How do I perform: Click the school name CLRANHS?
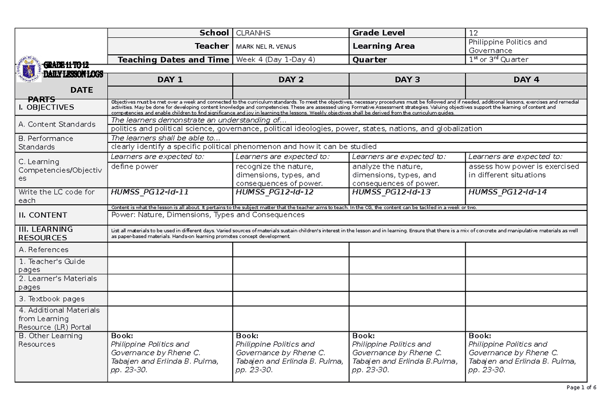(x=253, y=33)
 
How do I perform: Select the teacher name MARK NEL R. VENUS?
(x=265, y=47)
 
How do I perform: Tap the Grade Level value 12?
(x=473, y=33)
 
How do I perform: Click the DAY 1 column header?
(x=170, y=79)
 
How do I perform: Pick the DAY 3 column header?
(x=407, y=79)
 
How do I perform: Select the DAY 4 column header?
(x=526, y=79)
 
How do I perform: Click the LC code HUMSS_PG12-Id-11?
(x=150, y=192)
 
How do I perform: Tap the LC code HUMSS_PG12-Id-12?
(x=275, y=192)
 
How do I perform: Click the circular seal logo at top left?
(x=29, y=69)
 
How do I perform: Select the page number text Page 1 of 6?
(x=582, y=388)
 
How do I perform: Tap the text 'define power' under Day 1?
(x=134, y=166)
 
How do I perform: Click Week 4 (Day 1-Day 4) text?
(x=275, y=59)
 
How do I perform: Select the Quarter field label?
(x=370, y=59)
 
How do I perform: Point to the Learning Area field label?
(x=383, y=46)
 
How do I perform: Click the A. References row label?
(x=43, y=249)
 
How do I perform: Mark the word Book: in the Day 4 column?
(x=480, y=336)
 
